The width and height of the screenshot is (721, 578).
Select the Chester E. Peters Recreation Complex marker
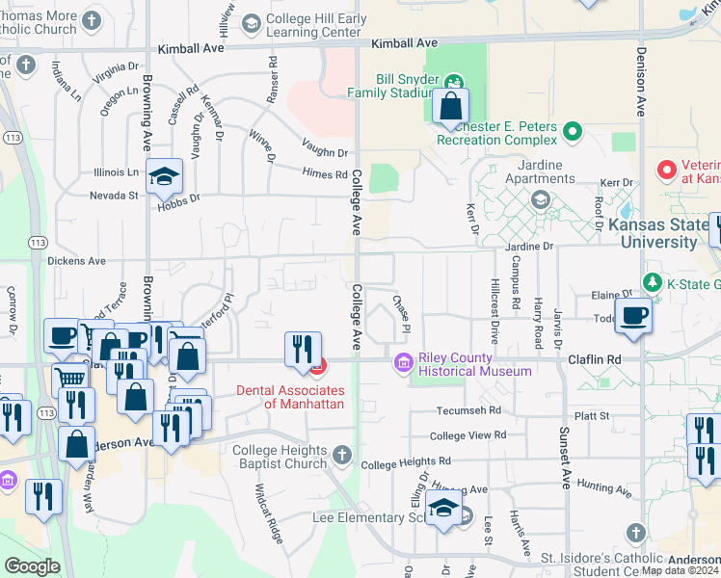pos(573,130)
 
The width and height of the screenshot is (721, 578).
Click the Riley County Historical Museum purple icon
pos(403,363)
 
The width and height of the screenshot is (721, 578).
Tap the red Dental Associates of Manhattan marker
pos(317,366)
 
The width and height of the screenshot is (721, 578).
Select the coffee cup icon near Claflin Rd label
pos(633,316)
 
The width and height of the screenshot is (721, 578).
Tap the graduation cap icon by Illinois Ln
pos(165,177)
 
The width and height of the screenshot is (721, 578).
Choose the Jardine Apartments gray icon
pos(540,199)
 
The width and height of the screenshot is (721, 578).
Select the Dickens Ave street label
pos(76,260)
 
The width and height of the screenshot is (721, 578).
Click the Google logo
pos(32,566)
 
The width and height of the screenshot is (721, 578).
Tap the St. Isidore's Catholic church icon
pos(634,533)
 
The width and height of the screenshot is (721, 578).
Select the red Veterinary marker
pos(666,171)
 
